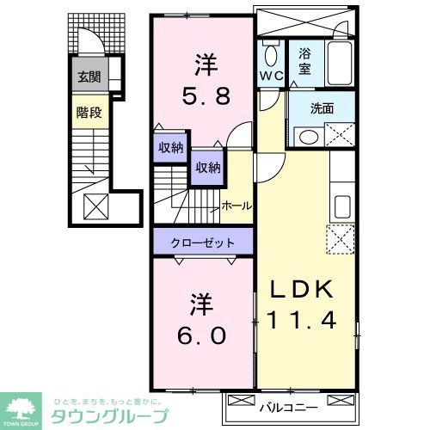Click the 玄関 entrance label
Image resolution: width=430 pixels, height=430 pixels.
click(89, 77)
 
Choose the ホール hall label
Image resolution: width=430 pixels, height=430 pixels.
click(236, 206)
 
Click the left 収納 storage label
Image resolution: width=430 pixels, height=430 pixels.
click(171, 147)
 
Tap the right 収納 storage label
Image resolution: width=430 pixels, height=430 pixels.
click(206, 168)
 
